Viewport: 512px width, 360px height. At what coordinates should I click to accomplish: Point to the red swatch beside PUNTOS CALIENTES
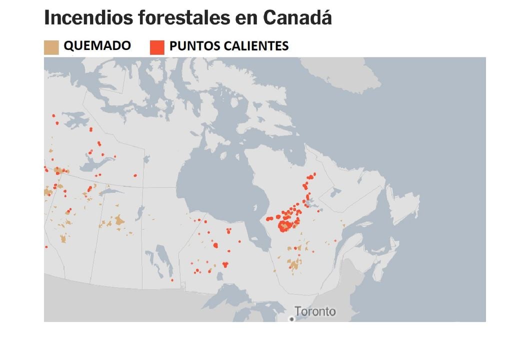click(x=157, y=47)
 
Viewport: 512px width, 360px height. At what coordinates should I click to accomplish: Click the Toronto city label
click(x=315, y=311)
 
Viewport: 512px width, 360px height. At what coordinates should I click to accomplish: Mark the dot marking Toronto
click(x=291, y=318)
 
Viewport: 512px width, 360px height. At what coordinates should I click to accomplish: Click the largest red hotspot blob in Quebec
click(x=284, y=226)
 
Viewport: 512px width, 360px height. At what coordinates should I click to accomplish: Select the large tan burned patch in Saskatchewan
click(x=119, y=220)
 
